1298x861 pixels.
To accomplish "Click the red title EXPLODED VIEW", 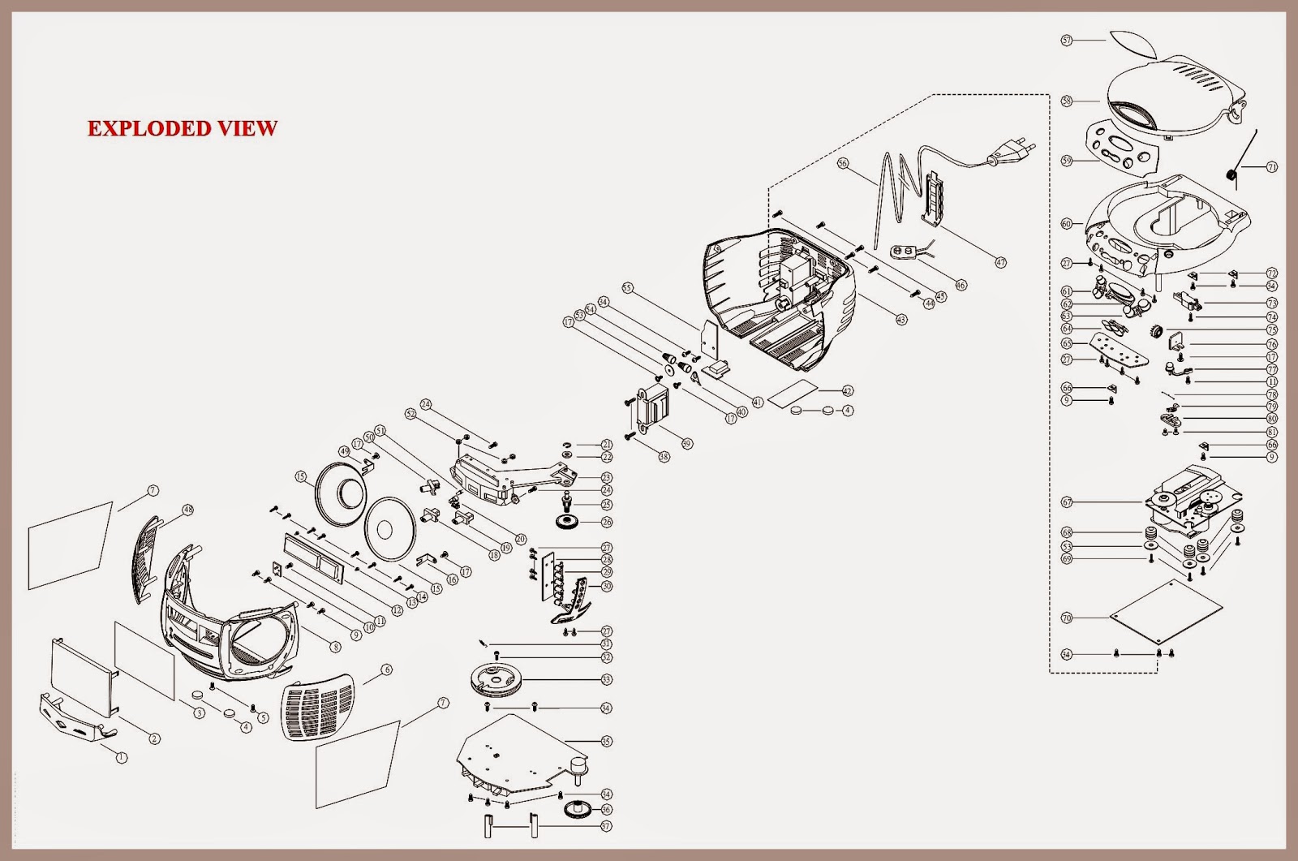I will [183, 128].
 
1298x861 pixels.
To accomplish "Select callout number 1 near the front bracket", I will [122, 758].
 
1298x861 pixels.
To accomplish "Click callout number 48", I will [187, 510].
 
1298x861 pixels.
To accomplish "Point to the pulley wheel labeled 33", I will [496, 678].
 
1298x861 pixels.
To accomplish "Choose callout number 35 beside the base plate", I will [606, 741].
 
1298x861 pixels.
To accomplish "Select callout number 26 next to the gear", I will [606, 523].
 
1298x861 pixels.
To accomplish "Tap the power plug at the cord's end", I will [1011, 151].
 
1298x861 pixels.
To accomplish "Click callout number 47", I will [1000, 263].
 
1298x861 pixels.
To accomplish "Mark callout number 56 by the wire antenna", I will [842, 163].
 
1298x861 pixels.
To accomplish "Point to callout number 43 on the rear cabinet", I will [901, 320].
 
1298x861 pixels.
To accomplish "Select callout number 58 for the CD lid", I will [1067, 101].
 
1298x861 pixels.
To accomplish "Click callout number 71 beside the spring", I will [1271, 167].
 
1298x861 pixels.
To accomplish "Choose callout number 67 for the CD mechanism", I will [1067, 502].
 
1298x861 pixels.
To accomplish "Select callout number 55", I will [626, 288].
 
